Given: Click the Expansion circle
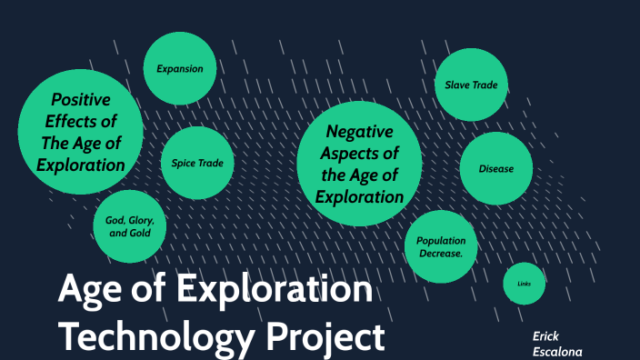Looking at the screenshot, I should [179, 68].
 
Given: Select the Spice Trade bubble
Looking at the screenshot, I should [197, 164].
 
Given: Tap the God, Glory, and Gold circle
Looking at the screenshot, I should [129, 226].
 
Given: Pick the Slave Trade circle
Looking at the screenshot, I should [471, 85].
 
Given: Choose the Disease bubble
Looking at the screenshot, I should [496, 168].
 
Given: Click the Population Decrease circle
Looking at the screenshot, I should [441, 246].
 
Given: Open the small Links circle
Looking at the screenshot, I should [525, 285].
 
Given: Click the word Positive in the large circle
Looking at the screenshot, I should [81, 99].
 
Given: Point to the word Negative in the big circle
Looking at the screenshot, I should [359, 131].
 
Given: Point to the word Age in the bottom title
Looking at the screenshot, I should [89, 291].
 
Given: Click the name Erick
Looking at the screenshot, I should [545, 335].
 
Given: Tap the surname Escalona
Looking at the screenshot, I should [557, 351].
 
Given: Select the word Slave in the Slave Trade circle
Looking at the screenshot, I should [457, 85].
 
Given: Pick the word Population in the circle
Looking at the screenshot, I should [441, 240].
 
